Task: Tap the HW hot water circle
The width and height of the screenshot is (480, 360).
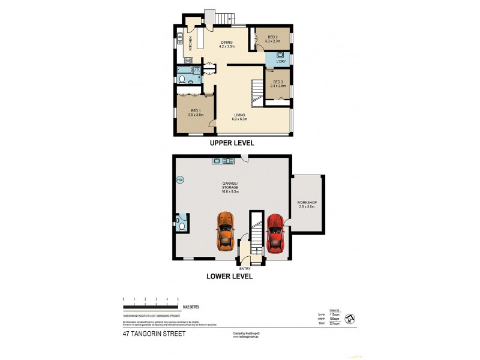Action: point(179,179)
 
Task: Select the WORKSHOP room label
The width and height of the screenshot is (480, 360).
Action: point(307,205)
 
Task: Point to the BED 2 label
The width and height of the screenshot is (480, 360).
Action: point(273,39)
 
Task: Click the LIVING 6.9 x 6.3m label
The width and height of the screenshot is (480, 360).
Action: point(240,117)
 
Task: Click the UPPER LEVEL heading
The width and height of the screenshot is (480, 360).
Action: point(232,143)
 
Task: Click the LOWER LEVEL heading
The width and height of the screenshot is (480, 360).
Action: point(229,277)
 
